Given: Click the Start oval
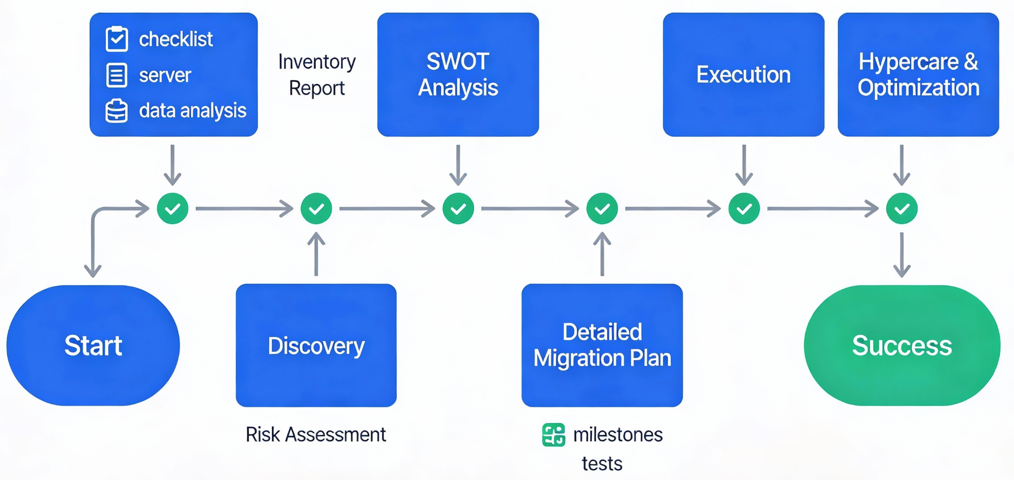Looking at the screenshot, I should tap(93, 345).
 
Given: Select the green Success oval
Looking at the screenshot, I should tap(902, 345).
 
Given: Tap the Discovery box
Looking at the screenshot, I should tap(316, 345).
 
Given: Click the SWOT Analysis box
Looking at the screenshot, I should tap(458, 74).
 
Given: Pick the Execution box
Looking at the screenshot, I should tap(743, 74).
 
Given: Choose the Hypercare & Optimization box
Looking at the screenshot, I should tap(918, 74).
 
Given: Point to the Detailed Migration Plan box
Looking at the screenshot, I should tap(602, 345).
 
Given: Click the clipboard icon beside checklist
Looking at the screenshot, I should tap(117, 39).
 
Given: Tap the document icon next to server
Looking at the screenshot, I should tap(116, 75).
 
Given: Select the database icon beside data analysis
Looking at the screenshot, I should tap(116, 110).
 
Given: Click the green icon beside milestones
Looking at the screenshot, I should tap(553, 435).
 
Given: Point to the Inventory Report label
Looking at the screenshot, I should tap(317, 75).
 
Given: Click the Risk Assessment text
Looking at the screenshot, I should tap(315, 434).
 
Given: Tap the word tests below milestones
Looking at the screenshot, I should tap(602, 464).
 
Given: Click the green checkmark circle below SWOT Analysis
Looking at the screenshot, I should tap(458, 209).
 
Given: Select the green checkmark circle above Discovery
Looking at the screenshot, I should tap(316, 209).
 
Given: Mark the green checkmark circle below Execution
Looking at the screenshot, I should tap(744, 209).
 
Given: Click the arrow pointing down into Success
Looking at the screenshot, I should tap(902, 255).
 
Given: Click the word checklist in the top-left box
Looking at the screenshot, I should tap(176, 39).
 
